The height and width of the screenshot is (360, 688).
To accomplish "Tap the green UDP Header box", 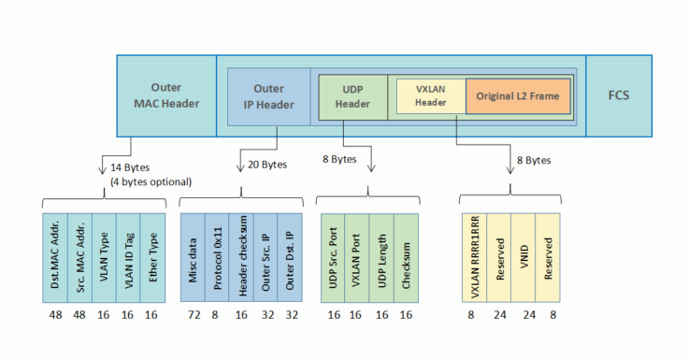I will pyautogui.click(x=351, y=96).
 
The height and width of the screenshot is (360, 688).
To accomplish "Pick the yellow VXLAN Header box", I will pyautogui.click(x=426, y=96).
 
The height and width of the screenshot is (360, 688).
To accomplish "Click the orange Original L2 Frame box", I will pyautogui.click(x=518, y=96).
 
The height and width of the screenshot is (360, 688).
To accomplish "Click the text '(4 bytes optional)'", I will pyautogui.click(x=150, y=180).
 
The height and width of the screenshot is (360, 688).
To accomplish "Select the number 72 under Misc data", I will pyautogui.click(x=193, y=315).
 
